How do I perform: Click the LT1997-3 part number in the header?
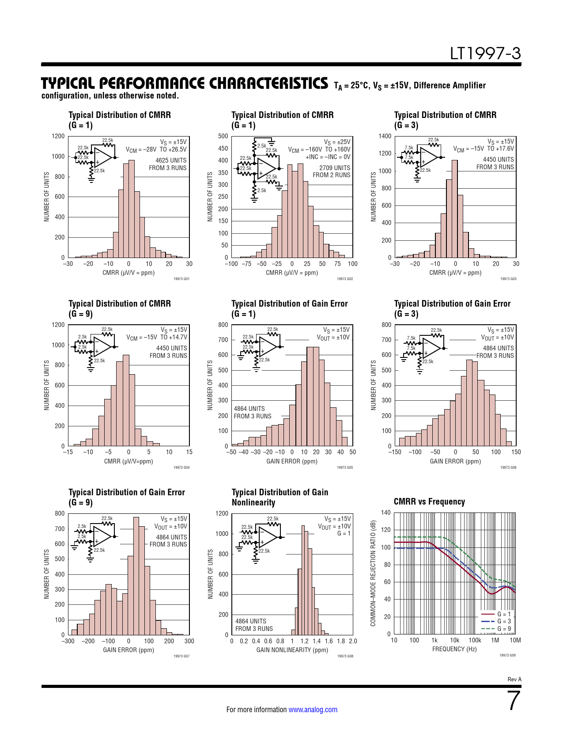(485, 54)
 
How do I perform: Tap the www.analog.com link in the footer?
(313, 710)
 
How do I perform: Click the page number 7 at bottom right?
(514, 701)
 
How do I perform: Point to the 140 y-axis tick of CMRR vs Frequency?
(385, 513)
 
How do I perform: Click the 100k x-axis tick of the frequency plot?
(475, 640)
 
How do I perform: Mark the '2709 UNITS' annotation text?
(335, 168)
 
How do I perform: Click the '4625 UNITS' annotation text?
(171, 160)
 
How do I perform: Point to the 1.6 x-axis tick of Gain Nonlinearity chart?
(329, 641)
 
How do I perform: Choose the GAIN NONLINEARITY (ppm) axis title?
(292, 650)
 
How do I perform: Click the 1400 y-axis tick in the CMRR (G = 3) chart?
(385, 136)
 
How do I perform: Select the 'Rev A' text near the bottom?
(514, 680)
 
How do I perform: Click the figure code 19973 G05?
(345, 467)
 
